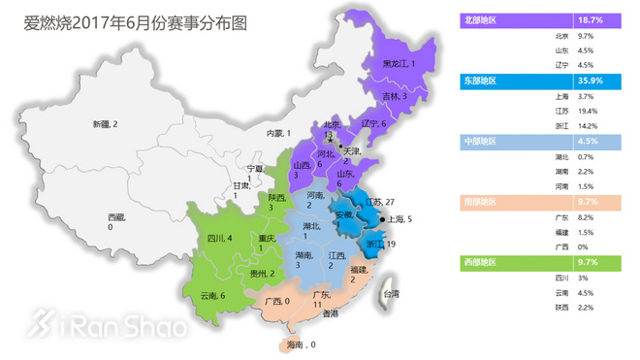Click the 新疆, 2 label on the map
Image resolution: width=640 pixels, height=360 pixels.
(105, 124)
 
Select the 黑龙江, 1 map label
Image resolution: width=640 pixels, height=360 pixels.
(399, 64)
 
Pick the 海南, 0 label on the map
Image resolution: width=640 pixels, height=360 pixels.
(297, 344)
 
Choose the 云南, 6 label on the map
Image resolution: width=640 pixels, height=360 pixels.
(212, 295)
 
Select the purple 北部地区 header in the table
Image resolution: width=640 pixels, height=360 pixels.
(483, 19)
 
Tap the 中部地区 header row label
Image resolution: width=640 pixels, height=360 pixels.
(483, 142)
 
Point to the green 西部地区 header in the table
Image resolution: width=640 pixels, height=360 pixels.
(483, 263)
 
